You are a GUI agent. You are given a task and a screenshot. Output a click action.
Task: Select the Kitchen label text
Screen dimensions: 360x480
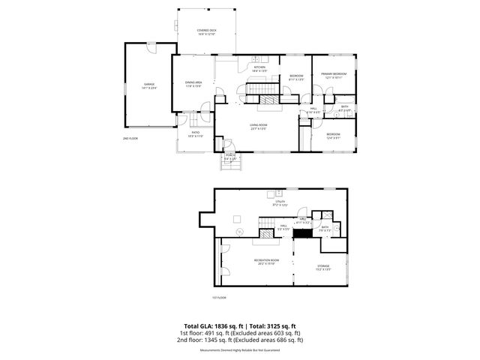click(x=259, y=69)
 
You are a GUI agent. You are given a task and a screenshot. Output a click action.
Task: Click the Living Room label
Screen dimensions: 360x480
click(x=259, y=126)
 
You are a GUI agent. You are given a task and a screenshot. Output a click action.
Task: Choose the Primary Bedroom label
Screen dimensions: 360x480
click(x=334, y=75)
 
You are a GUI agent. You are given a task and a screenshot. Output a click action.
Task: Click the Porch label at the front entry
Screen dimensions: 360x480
click(x=230, y=157)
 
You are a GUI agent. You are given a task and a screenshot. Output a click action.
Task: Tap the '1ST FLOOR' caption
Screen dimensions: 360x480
click(x=218, y=298)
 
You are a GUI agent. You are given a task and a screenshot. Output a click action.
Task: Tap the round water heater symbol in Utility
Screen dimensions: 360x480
click(x=240, y=232)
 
